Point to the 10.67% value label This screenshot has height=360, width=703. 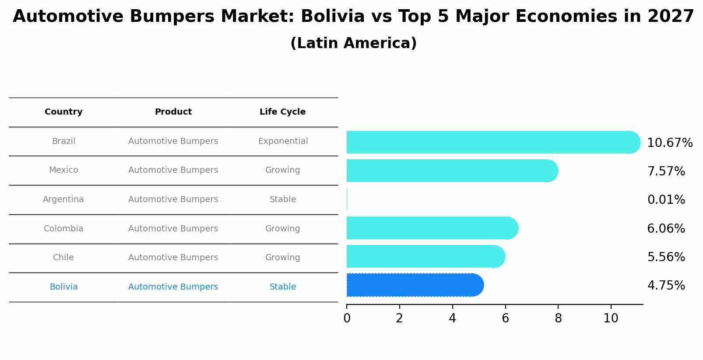(x=669, y=143)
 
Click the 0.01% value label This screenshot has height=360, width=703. (x=666, y=200)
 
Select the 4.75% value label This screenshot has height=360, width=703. (x=666, y=286)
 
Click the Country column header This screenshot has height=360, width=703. (x=63, y=112)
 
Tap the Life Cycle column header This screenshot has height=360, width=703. (x=282, y=112)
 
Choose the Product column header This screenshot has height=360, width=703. (x=173, y=112)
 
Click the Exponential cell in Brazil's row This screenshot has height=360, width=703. (x=283, y=141)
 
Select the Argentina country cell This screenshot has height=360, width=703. (x=63, y=199)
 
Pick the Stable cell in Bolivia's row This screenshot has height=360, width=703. (x=283, y=287)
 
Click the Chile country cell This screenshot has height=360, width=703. (x=63, y=258)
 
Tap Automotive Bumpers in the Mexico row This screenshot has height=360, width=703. (x=173, y=170)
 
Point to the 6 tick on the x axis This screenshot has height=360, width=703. (x=505, y=318)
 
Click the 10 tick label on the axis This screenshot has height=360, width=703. (x=611, y=318)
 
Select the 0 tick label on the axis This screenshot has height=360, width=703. (x=347, y=318)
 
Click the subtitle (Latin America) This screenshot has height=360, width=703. (x=353, y=43)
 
